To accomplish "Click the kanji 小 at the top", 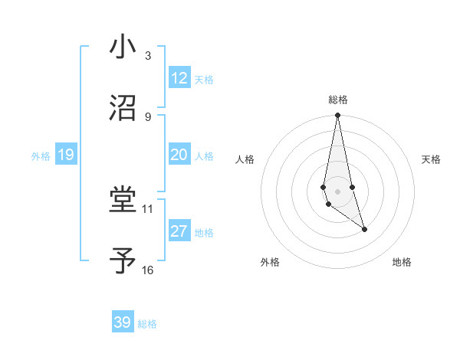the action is pyautogui.click(x=123, y=47).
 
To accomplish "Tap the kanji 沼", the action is pyautogui.click(x=123, y=108).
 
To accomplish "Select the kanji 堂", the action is pyautogui.click(x=123, y=201).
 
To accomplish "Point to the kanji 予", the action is pyautogui.click(x=123, y=262).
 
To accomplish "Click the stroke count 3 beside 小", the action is pyautogui.click(x=147, y=55).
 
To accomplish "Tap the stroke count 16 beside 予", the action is pyautogui.click(x=147, y=270).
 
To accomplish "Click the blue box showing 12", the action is pyautogui.click(x=179, y=78).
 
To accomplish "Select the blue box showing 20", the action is pyautogui.click(x=179, y=155).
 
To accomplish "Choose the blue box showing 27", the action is pyautogui.click(x=179, y=231).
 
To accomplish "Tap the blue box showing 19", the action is pyautogui.click(x=66, y=155).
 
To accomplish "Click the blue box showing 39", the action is pyautogui.click(x=123, y=322).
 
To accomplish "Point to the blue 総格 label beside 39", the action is pyautogui.click(x=147, y=324).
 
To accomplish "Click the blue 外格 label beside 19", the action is pyautogui.click(x=41, y=156).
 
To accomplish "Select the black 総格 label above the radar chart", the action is pyautogui.click(x=338, y=100).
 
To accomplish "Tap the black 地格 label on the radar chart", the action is pyautogui.click(x=402, y=262).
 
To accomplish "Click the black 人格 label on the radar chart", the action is pyautogui.click(x=245, y=159).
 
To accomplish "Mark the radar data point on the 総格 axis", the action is pyautogui.click(x=337, y=116).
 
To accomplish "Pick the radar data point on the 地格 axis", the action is pyautogui.click(x=364, y=229).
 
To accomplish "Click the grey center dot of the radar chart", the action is pyautogui.click(x=337, y=191).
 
